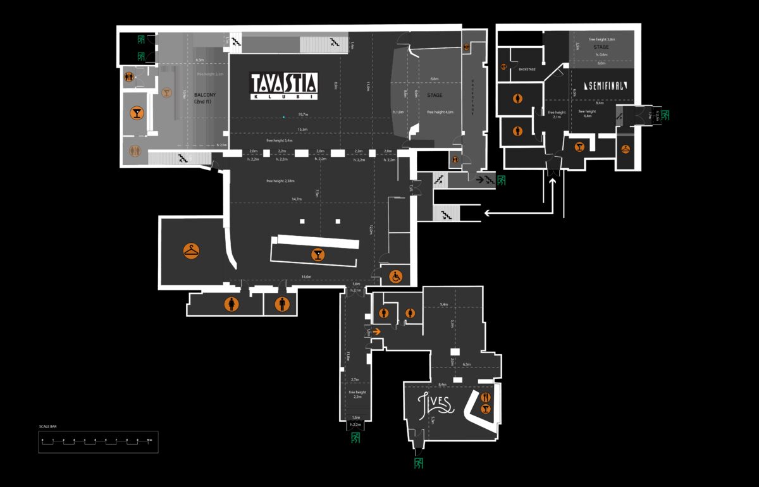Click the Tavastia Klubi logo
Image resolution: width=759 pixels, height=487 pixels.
284,85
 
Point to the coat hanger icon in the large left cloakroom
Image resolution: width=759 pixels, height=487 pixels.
191,251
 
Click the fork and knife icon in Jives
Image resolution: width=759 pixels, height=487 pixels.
485,397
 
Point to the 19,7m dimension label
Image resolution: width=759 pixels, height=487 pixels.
302,114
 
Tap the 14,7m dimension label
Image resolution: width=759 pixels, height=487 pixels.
296,199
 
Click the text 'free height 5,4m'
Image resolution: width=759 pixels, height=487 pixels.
279,140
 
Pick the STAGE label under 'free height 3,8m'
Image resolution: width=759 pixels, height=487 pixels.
601,47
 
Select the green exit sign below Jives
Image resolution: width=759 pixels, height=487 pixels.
418,463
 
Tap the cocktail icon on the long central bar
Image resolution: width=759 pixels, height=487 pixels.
318,255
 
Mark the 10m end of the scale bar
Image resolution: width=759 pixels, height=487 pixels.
149,440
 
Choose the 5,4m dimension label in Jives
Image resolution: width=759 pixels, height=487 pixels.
444,305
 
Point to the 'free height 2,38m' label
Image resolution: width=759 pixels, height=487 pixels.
281,182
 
